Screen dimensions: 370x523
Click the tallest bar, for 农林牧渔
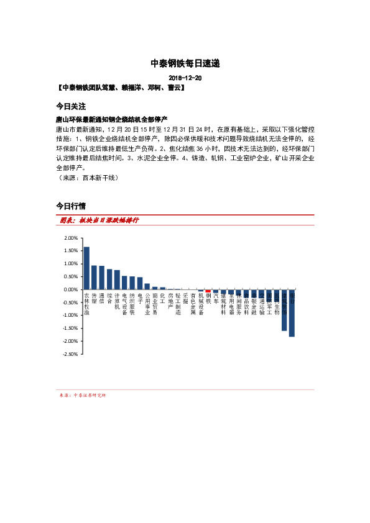tap(86, 268)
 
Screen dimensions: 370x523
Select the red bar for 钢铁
tap(208, 291)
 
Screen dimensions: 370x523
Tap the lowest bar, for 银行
tap(292, 313)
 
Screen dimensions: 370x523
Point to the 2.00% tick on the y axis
tap(70, 238)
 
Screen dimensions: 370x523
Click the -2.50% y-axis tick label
tap(70, 354)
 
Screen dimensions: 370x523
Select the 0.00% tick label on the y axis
tap(70, 289)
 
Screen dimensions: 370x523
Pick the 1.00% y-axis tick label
tap(70, 264)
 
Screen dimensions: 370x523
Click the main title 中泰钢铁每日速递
tap(185, 63)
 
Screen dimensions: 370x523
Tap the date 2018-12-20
tap(185, 79)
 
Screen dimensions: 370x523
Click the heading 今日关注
tap(70, 106)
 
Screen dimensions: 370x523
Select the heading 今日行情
tap(70, 205)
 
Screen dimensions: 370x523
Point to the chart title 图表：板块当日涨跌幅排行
tap(99, 220)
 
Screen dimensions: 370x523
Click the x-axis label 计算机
tap(117, 301)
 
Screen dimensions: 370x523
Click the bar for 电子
tap(140, 283)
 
